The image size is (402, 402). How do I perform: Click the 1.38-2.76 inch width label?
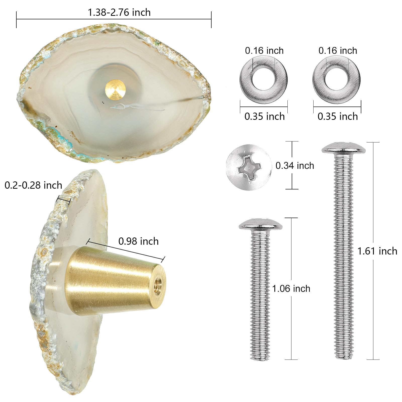[x=119, y=12]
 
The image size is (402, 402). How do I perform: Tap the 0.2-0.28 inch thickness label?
[x=33, y=185]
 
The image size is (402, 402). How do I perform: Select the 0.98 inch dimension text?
[x=138, y=241]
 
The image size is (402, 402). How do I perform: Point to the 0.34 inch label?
[x=295, y=166]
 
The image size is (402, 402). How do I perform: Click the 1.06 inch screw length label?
[x=291, y=288]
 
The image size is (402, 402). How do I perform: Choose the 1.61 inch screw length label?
[x=377, y=251]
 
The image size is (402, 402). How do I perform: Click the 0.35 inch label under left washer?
[x=265, y=116]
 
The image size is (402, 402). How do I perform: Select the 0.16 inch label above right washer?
[x=338, y=51]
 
